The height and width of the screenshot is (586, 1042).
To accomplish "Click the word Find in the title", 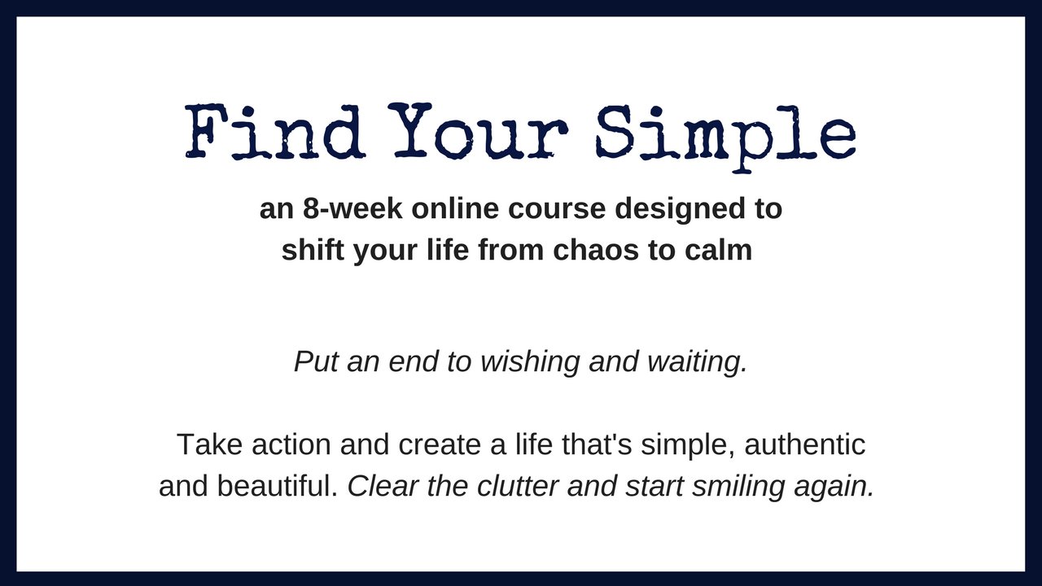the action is [275, 131].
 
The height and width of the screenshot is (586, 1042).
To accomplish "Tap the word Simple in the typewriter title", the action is [726, 138].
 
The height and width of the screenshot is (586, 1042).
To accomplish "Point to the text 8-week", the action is [352, 208].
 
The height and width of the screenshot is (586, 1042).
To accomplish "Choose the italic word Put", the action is [316, 361].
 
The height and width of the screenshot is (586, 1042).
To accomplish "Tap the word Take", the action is [209, 444].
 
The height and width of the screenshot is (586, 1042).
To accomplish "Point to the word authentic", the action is [805, 445].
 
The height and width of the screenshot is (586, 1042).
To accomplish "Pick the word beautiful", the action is [278, 486].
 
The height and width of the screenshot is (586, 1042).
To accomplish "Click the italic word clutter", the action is [518, 486].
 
